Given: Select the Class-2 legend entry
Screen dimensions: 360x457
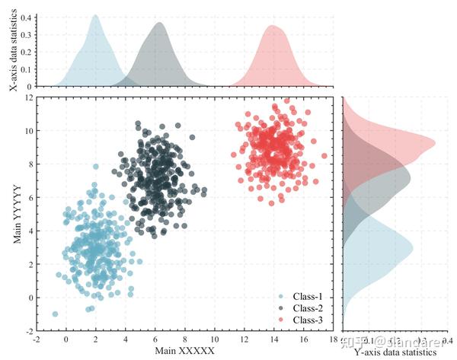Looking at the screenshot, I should (x=305, y=307).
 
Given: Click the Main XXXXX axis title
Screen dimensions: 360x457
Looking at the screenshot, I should (x=185, y=351).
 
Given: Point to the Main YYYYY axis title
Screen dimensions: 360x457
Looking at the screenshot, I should (x=16, y=215).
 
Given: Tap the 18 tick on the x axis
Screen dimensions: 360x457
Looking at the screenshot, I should (x=334, y=339).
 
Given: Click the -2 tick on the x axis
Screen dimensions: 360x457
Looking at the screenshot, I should (x=37, y=339).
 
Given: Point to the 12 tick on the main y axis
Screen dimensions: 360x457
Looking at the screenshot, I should (x=28, y=97).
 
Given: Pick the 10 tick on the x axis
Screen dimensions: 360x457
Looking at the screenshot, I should (x=215, y=339).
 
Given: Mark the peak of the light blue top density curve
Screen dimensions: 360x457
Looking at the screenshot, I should (x=95, y=15).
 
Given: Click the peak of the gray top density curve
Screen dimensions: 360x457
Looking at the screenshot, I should (x=159, y=23).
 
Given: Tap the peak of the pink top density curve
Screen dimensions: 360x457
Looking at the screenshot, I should (x=272, y=26).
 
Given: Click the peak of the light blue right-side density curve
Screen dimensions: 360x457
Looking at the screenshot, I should (x=412, y=247).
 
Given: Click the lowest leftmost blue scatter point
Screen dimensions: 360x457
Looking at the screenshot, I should (x=55, y=314).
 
